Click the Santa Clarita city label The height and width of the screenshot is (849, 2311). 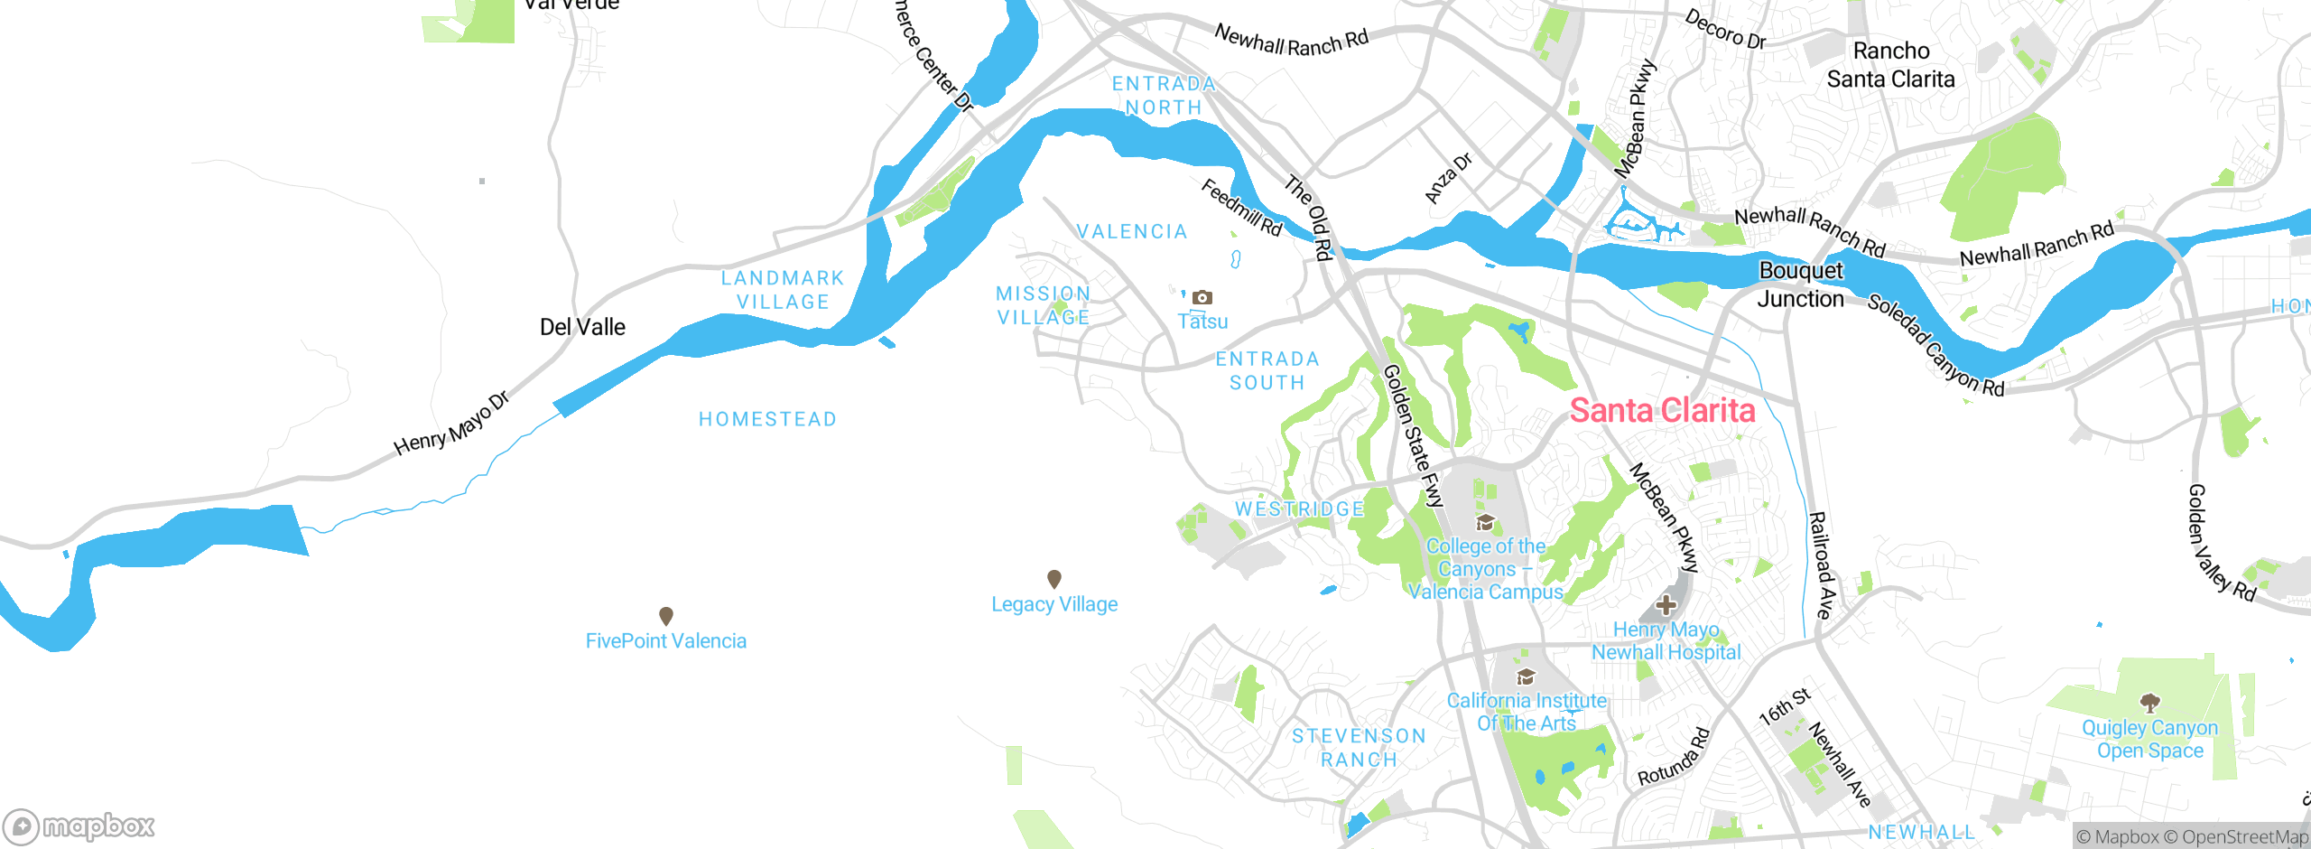1662,411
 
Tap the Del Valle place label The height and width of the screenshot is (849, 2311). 582,327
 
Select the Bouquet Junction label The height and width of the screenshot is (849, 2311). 1801,285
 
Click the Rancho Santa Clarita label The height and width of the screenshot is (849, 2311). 1890,65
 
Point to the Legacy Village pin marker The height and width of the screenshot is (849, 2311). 1053,578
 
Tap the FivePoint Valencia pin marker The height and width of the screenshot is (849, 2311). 666,616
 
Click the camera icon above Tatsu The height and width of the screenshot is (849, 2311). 1202,297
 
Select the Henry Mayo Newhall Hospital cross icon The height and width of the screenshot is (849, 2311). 1666,605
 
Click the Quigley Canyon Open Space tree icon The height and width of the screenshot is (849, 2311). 2150,702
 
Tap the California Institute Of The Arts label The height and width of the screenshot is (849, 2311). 1527,712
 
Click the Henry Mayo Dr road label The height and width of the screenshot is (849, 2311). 451,424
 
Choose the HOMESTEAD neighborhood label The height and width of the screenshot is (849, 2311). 767,419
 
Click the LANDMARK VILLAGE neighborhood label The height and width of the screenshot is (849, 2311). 783,290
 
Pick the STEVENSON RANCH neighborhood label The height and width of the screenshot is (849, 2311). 1359,748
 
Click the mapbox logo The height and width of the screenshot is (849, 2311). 79,826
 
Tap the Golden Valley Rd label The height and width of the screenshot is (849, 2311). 2221,543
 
